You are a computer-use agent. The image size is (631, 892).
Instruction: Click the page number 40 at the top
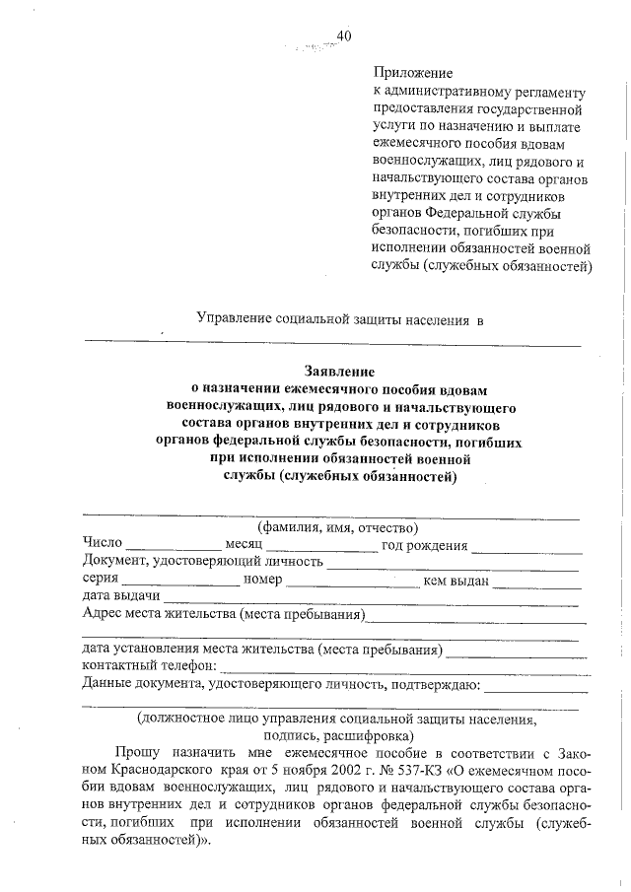point(344,36)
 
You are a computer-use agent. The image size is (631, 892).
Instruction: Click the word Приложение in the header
point(413,73)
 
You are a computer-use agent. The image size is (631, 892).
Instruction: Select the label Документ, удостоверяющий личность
point(203,562)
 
